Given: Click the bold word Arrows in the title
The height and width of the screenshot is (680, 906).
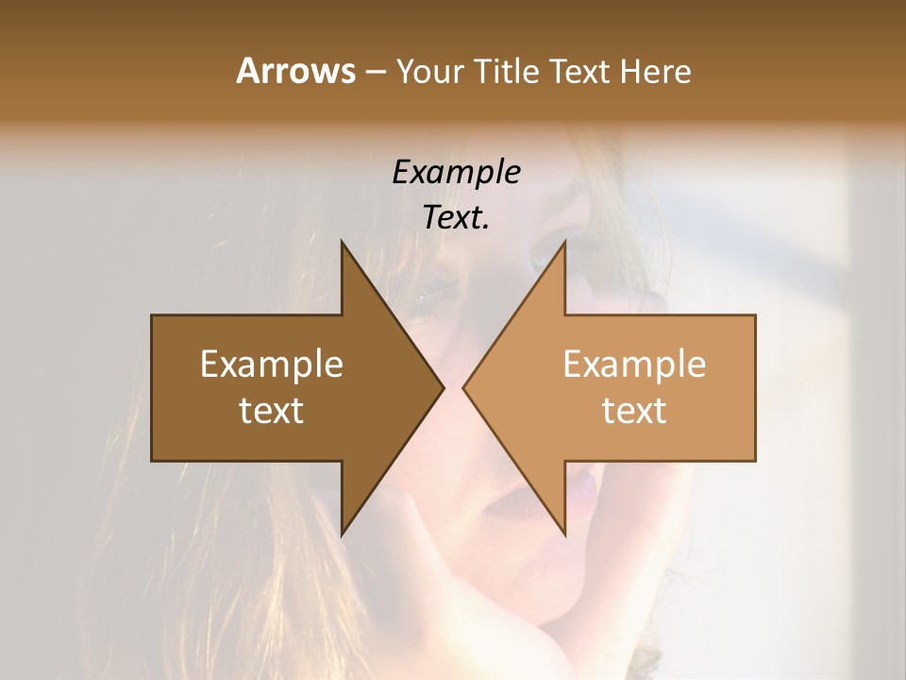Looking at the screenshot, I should click(294, 71).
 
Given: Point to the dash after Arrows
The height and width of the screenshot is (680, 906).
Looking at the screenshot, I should click(374, 72).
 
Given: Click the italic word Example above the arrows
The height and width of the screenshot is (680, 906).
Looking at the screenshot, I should click(456, 173).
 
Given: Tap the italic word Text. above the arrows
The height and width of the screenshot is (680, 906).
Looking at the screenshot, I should click(456, 217).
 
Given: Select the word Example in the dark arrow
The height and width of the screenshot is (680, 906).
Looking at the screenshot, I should click(272, 364).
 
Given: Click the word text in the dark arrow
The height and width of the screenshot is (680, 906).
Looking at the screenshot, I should click(272, 410).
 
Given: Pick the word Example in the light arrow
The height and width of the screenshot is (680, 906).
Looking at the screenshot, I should click(634, 364).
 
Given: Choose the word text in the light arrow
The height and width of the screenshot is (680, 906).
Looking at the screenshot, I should click(634, 410).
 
